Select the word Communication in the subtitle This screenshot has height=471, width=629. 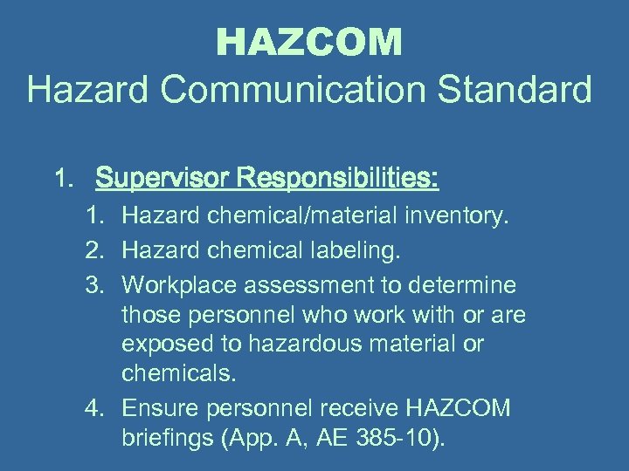[x=301, y=89]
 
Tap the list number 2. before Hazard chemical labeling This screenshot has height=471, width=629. [x=97, y=252]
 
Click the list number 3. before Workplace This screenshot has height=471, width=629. [x=97, y=286]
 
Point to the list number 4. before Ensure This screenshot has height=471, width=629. [x=97, y=407]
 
